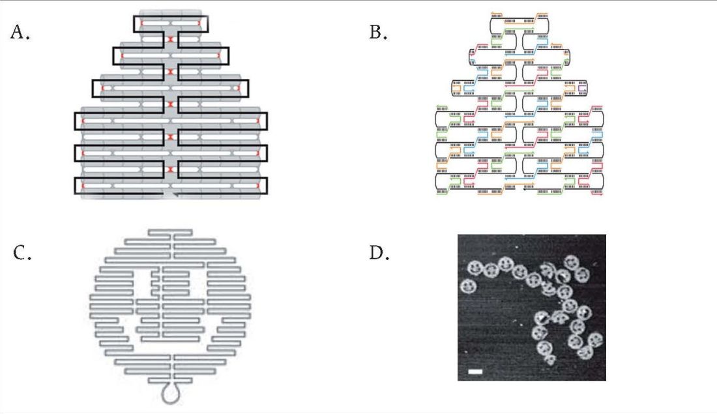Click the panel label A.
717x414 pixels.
click(x=20, y=32)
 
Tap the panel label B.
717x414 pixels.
click(x=379, y=32)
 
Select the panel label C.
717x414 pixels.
click(x=22, y=252)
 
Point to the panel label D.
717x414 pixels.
click(x=379, y=252)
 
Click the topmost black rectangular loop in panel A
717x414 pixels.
click(x=171, y=16)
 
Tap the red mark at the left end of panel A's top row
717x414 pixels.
click(x=141, y=23)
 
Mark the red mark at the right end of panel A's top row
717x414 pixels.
click(x=199, y=23)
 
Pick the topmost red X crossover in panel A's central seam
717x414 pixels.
click(x=171, y=39)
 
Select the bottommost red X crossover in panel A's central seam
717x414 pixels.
click(x=171, y=170)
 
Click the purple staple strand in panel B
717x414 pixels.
click(x=581, y=86)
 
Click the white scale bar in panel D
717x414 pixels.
click(x=475, y=372)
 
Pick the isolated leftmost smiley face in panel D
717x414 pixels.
click(x=468, y=286)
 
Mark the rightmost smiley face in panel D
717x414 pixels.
click(x=595, y=340)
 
